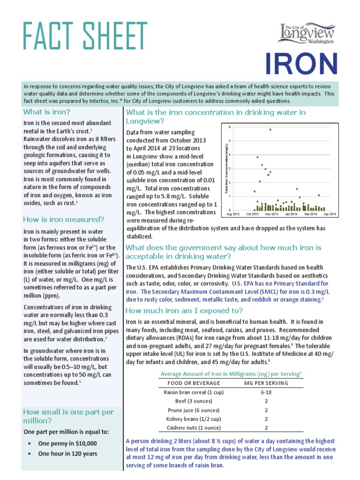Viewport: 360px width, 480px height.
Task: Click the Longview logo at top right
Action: (308, 34)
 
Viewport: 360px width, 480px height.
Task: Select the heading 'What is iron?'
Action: (47, 112)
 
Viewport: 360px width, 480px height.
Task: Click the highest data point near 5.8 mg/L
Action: (270, 129)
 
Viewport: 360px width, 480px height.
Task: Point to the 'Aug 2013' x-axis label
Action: (233, 214)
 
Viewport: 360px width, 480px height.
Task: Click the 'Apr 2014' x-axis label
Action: (330, 214)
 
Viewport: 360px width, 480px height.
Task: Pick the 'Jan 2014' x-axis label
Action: (291, 214)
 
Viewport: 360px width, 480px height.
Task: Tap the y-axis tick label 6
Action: (230, 127)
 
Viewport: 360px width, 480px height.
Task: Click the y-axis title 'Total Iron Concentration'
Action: (226, 169)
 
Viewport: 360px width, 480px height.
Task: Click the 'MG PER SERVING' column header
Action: (266, 383)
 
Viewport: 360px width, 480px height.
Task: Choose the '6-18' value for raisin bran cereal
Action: (266, 392)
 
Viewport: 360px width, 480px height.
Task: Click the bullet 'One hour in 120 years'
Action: (67, 454)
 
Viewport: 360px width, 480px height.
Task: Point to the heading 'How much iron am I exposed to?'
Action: (184, 311)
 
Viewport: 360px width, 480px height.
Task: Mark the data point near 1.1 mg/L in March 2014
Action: (319, 195)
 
